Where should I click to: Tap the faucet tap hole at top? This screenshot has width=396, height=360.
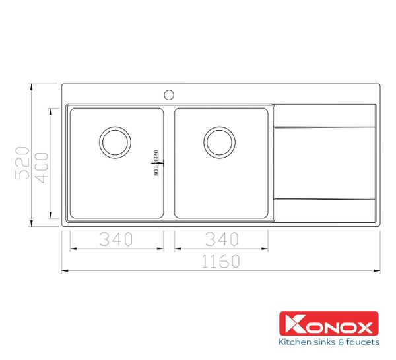click(x=169, y=94)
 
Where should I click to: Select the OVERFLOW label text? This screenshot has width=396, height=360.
click(x=157, y=162)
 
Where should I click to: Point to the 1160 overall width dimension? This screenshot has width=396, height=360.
click(x=220, y=261)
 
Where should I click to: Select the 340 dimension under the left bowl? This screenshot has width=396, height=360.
click(x=116, y=239)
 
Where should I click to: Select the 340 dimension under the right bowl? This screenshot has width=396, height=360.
click(x=220, y=239)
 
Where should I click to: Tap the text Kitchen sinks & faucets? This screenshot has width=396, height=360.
click(x=329, y=342)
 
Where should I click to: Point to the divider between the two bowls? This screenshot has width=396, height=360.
click(x=169, y=164)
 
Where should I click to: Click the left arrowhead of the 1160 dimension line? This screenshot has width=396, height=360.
click(x=65, y=270)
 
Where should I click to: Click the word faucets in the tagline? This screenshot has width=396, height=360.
click(x=362, y=342)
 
